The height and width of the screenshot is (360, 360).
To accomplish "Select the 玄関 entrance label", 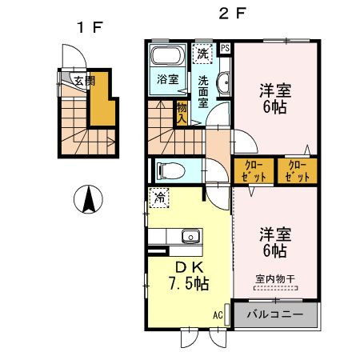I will [85, 81].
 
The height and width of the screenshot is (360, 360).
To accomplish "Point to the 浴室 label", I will [168, 80].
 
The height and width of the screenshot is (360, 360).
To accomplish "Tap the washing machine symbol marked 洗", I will [203, 54].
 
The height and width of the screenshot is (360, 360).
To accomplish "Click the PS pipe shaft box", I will [226, 47].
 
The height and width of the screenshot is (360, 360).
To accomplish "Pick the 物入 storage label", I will [182, 113].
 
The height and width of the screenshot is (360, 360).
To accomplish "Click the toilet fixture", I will [168, 170].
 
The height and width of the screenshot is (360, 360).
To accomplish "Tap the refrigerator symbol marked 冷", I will [160, 197].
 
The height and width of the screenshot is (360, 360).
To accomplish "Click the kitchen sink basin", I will [190, 236].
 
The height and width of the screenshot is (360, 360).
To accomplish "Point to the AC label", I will [217, 314].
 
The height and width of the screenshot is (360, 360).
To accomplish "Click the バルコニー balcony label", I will [275, 314].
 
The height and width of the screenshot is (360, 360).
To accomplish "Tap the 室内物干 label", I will [275, 278].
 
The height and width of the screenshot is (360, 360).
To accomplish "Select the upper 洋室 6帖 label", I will [274, 98].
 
